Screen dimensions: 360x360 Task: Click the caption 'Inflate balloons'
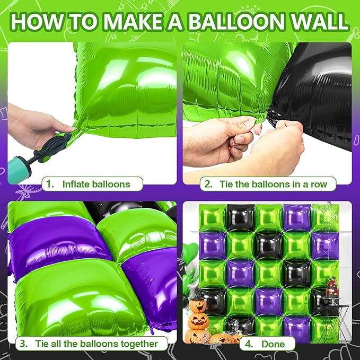(96, 185)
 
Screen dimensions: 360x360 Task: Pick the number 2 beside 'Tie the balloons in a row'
(208, 185)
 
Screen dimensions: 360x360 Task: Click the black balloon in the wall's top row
(240, 218)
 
